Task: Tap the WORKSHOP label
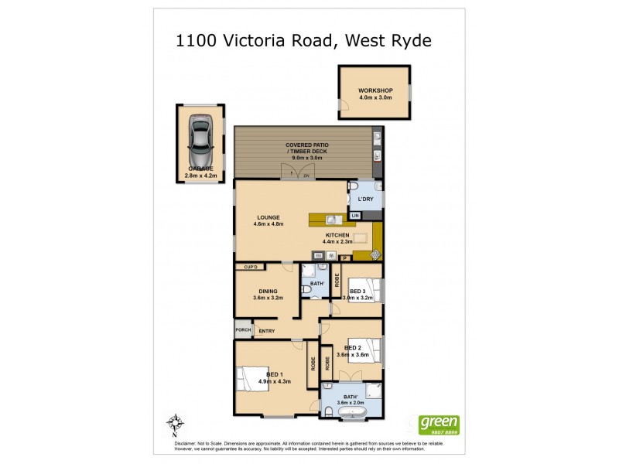pyautogui.click(x=374, y=91)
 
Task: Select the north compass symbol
pyautogui.click(x=176, y=423)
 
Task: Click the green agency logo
pyautogui.click(x=439, y=425)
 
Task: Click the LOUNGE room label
pyautogui.click(x=269, y=217)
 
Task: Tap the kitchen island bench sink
pyautogui.click(x=329, y=219)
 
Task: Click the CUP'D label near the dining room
pyautogui.click(x=250, y=268)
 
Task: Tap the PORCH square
pyautogui.click(x=241, y=331)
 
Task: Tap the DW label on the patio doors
pyautogui.click(x=306, y=176)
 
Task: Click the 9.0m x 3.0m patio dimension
pyautogui.click(x=306, y=158)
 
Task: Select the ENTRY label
pyautogui.click(x=267, y=331)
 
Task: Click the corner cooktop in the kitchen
pyautogui.click(x=375, y=254)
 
